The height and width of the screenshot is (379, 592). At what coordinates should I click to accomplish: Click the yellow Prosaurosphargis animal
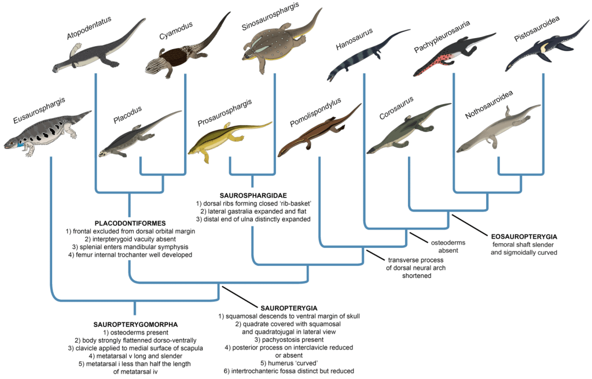[x=226, y=142]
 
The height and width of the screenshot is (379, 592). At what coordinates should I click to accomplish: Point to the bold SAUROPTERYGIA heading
[x=285, y=309]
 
